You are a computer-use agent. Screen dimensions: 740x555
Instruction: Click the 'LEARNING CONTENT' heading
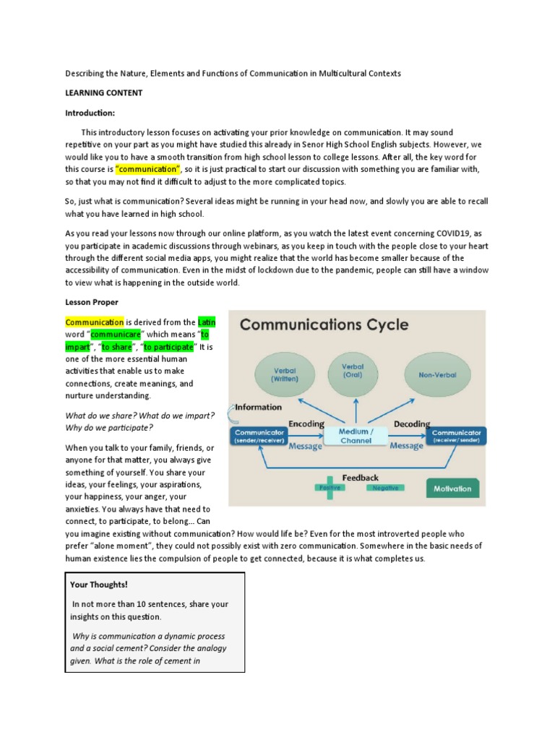(x=104, y=93)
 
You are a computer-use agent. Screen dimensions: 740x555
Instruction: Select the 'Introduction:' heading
(x=90, y=113)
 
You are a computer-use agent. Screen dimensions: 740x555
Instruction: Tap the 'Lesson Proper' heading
(x=92, y=302)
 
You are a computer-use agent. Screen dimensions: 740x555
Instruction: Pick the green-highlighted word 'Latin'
(x=207, y=322)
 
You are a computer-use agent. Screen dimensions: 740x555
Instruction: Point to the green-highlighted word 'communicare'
(x=114, y=335)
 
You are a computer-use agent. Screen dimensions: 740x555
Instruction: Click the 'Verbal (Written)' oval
(x=283, y=374)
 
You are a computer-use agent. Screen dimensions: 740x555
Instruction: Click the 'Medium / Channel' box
(x=356, y=436)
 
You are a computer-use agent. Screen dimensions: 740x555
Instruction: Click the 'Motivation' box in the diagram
(x=452, y=489)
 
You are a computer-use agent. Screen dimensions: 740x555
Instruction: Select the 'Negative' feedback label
(x=383, y=489)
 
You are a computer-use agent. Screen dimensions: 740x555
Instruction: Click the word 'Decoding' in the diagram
(x=410, y=423)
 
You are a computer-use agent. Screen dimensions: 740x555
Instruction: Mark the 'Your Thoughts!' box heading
(x=99, y=584)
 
